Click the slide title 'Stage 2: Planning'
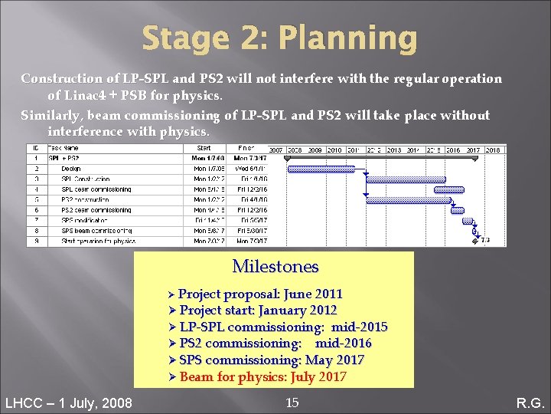pyautogui.click(x=279, y=38)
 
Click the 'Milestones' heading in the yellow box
pyautogui.click(x=275, y=267)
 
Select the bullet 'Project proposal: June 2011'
pyautogui.click(x=260, y=294)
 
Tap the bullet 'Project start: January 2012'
pyautogui.click(x=258, y=310)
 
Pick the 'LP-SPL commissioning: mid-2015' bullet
pyautogui.click(x=283, y=327)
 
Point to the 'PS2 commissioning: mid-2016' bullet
pyautogui.click(x=275, y=343)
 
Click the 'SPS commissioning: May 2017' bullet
pyautogui.click(x=272, y=360)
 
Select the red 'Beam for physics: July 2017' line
pyautogui.click(x=262, y=377)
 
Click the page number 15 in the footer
pyautogui.click(x=292, y=402)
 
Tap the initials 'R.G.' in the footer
pyautogui.click(x=529, y=402)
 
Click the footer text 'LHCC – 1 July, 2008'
pyautogui.click(x=68, y=402)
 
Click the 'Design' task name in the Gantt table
pyautogui.click(x=71, y=169)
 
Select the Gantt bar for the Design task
pyautogui.click(x=324, y=169)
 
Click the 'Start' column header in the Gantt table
pyautogui.click(x=204, y=149)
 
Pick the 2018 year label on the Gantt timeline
pyautogui.click(x=493, y=150)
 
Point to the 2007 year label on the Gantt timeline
pyautogui.click(x=275, y=150)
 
